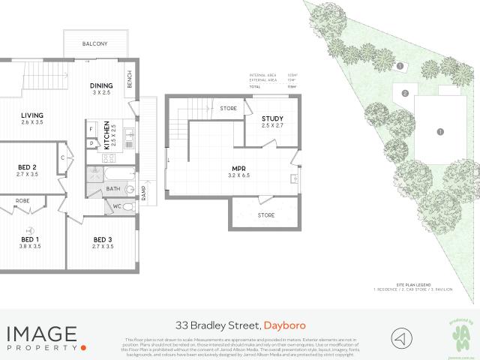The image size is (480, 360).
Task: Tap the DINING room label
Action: pyautogui.click(x=101, y=85)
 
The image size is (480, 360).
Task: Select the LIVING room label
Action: pyautogui.click(x=32, y=115)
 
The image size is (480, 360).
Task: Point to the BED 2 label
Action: pyautogui.click(x=28, y=167)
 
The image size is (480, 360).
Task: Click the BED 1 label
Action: pyautogui.click(x=31, y=239)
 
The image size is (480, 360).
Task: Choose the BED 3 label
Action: pyautogui.click(x=102, y=239)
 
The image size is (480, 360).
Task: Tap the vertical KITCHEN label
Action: pyautogui.click(x=107, y=134)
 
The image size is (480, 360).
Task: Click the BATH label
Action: pyautogui.click(x=113, y=189)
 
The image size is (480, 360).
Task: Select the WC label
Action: pyautogui.click(x=117, y=205)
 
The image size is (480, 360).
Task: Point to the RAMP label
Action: pyautogui.click(x=143, y=195)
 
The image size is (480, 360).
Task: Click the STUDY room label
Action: pyautogui.click(x=271, y=118)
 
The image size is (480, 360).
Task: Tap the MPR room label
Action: pyautogui.click(x=239, y=169)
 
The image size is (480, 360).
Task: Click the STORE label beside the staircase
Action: pyautogui.click(x=229, y=109)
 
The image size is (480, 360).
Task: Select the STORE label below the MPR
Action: pyautogui.click(x=266, y=216)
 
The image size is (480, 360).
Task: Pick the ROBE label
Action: pyautogui.click(x=23, y=202)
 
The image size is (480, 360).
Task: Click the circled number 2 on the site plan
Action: pyautogui.click(x=405, y=94)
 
